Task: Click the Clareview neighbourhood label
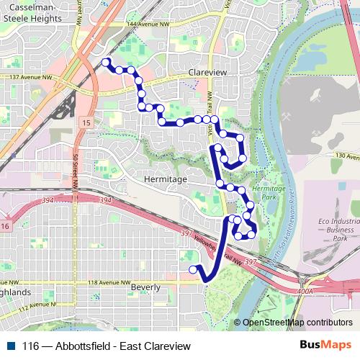[x=207, y=73]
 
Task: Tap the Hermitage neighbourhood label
[x=165, y=179]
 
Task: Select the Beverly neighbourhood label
[x=148, y=287]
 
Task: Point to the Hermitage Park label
[x=274, y=192]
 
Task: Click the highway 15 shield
[x=86, y=124]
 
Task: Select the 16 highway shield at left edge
[x=4, y=227]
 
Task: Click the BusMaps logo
[x=325, y=346]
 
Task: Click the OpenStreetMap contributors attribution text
[x=297, y=323]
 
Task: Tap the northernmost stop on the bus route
[x=107, y=62]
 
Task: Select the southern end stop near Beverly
[x=192, y=269]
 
